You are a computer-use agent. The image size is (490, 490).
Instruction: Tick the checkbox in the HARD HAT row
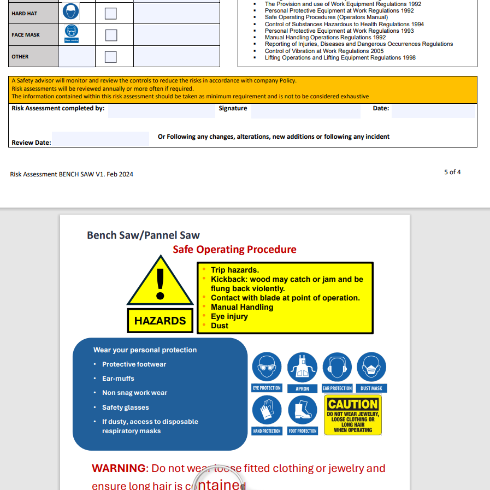pyautogui.click(x=111, y=13)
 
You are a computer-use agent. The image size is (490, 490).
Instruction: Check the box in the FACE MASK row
pyautogui.click(x=111, y=35)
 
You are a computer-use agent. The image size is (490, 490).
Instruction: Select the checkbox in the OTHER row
pyautogui.click(x=111, y=57)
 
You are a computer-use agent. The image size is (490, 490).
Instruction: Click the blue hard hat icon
pyautogui.click(x=71, y=11)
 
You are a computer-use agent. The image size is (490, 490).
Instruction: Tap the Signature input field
pyautogui.click(x=305, y=111)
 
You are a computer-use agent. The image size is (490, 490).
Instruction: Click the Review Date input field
pyautogui.click(x=101, y=139)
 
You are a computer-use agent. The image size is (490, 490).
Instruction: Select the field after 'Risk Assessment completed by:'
pyautogui.click(x=161, y=111)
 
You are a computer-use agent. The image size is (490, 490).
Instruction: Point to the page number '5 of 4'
pyautogui.click(x=452, y=172)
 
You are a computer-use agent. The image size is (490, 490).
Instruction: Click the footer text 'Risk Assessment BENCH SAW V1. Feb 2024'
pyautogui.click(x=72, y=174)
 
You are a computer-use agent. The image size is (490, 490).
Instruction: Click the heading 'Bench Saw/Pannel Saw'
pyautogui.click(x=143, y=235)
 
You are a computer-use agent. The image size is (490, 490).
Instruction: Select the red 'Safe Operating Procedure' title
pyautogui.click(x=234, y=250)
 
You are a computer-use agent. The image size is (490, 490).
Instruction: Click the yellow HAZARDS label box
pyautogui.click(x=160, y=321)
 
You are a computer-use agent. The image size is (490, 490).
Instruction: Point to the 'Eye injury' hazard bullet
pyautogui.click(x=229, y=316)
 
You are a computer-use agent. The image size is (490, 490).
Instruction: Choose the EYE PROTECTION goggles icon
pyautogui.click(x=267, y=367)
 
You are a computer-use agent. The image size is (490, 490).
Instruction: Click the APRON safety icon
pyautogui.click(x=302, y=367)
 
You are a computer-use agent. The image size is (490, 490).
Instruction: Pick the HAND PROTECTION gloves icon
pyautogui.click(x=267, y=410)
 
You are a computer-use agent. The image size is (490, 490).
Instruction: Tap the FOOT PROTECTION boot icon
pyautogui.click(x=302, y=410)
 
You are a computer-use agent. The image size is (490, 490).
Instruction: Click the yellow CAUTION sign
pyautogui.click(x=353, y=415)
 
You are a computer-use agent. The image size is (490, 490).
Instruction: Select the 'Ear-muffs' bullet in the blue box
pyautogui.click(x=118, y=379)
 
